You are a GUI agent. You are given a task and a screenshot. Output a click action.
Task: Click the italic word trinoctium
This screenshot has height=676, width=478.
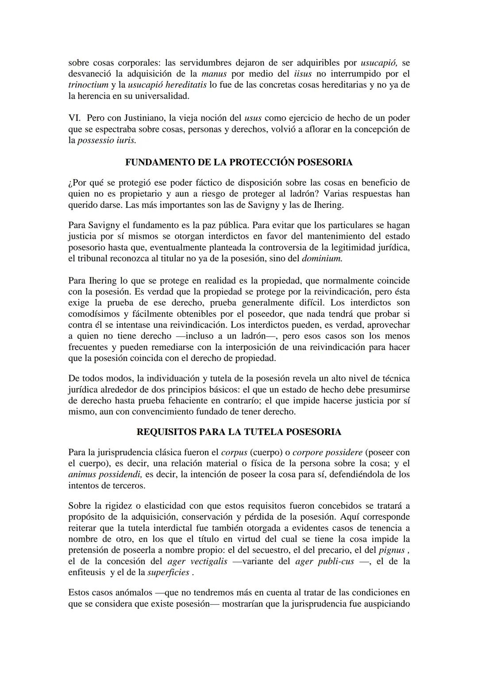point(88,85)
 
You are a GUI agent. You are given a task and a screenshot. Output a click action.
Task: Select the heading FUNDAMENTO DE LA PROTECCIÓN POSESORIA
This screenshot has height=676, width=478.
point(239,162)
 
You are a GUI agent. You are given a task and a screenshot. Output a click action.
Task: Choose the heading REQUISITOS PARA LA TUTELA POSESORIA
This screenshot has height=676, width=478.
point(239,432)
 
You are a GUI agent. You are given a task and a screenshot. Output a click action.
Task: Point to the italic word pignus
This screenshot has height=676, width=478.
point(392,550)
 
